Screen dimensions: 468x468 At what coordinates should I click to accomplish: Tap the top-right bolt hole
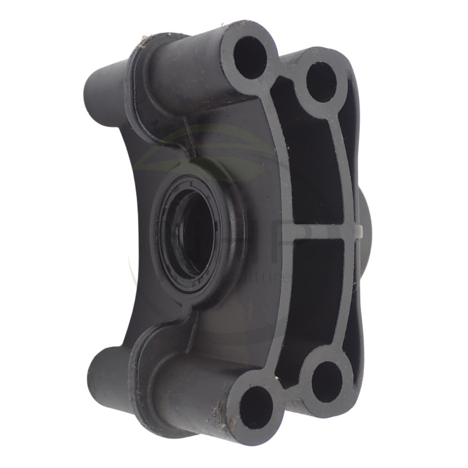(x=321, y=82)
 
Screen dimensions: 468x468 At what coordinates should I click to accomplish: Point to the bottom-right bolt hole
(x=326, y=381)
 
